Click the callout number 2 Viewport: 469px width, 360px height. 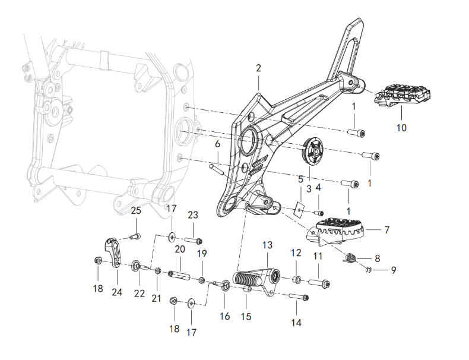(x=258, y=68)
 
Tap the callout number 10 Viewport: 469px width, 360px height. (x=402, y=128)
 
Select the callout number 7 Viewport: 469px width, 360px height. (x=387, y=229)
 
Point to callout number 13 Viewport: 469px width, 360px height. (x=267, y=245)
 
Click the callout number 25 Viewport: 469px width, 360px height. (x=136, y=211)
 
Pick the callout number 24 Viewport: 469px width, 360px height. (x=116, y=292)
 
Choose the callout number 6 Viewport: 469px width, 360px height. (x=217, y=144)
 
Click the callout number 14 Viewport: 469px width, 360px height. (x=296, y=323)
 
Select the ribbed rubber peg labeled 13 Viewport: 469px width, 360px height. (x=252, y=280)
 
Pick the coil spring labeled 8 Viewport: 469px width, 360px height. (x=351, y=257)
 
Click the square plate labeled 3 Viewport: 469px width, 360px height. (x=300, y=209)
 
